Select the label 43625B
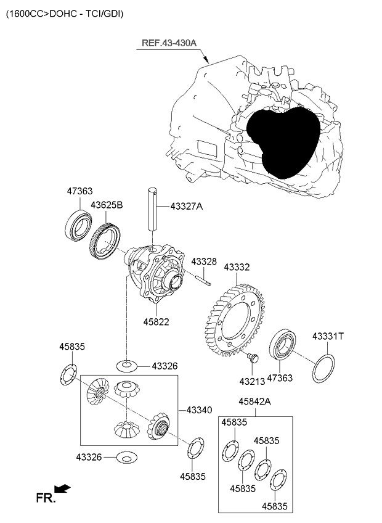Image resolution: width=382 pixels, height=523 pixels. click(x=107, y=205)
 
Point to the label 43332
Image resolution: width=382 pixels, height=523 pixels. click(x=237, y=267)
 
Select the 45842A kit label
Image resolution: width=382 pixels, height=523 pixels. click(x=255, y=402)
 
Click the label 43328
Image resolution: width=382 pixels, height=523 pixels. click(x=203, y=262)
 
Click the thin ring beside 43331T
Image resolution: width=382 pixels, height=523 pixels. click(x=323, y=368)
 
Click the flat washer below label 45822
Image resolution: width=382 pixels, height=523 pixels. click(x=127, y=366)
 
